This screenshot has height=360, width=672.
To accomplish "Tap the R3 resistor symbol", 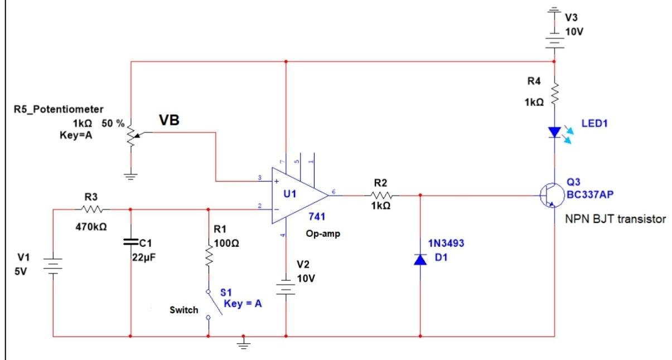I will click(x=91, y=210).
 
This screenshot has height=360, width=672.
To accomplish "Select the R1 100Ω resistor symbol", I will click(x=209, y=257).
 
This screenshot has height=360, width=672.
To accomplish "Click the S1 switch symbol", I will click(x=212, y=304).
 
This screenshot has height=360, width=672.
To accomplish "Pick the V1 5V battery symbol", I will click(x=52, y=266).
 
